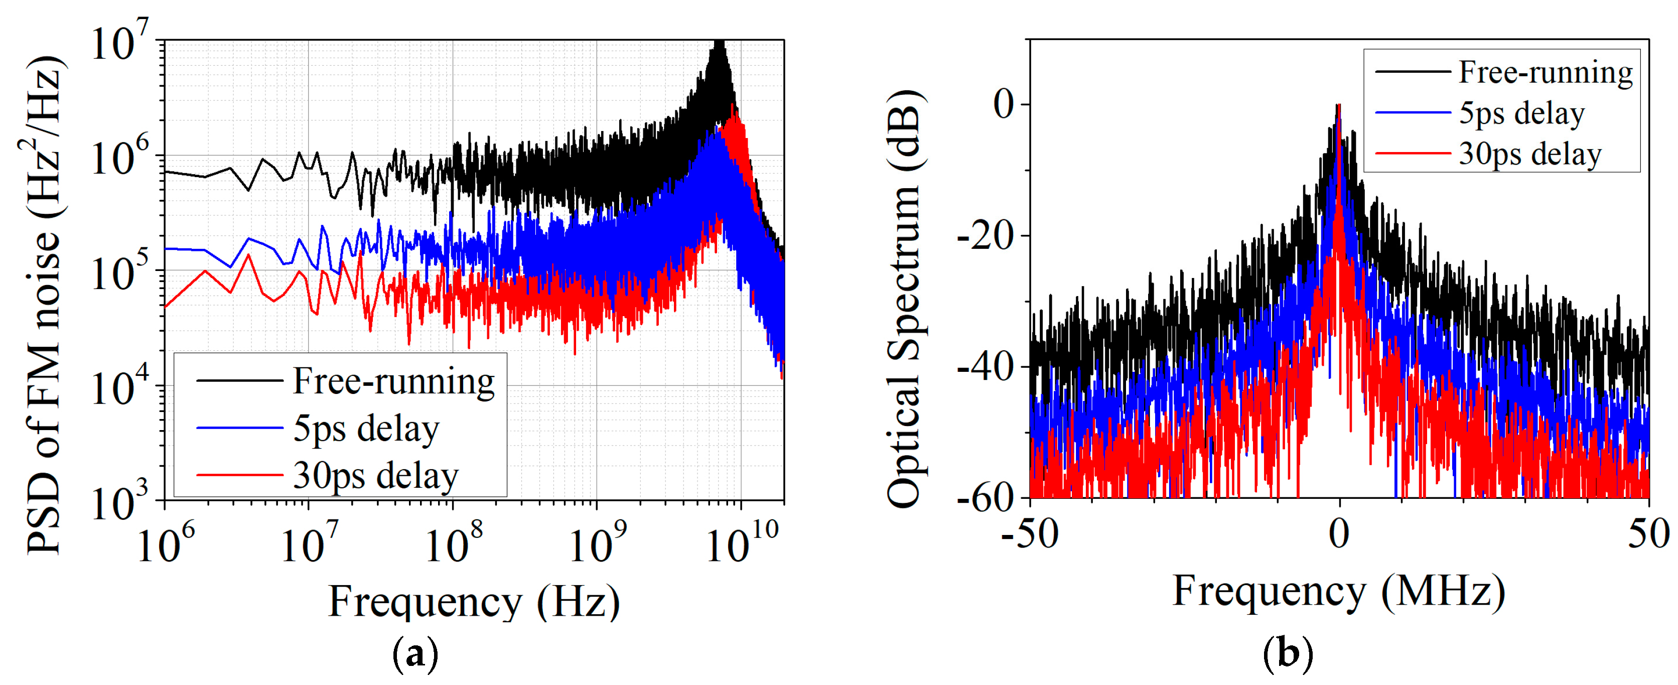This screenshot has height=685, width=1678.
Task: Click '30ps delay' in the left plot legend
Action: [x=375, y=475]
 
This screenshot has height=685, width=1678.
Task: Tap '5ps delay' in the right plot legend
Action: [x=1521, y=113]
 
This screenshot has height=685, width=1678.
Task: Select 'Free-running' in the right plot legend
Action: [x=1545, y=72]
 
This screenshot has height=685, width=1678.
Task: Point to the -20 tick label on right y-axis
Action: [x=985, y=236]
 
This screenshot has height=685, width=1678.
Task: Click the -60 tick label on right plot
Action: [x=985, y=498]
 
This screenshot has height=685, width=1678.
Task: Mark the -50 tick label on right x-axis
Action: [x=1030, y=534]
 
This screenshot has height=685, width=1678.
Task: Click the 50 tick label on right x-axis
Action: [x=1648, y=534]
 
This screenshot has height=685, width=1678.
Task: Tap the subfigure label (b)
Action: [x=1287, y=652]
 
